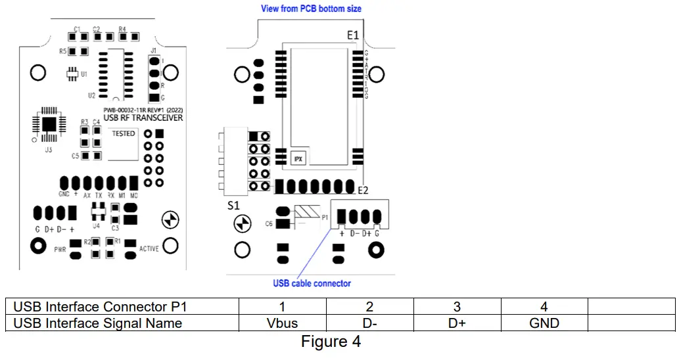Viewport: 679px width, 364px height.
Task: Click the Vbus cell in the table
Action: point(282,323)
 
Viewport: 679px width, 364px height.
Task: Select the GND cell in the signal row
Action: point(544,323)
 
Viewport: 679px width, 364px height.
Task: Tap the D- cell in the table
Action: point(369,323)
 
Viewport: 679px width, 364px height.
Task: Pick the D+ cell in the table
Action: point(457,323)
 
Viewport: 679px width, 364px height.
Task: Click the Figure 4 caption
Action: point(331,342)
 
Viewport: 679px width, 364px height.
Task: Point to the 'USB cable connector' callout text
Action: point(312,283)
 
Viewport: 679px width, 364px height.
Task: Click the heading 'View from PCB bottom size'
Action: point(311,9)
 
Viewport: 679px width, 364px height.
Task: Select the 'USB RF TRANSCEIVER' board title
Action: point(143,118)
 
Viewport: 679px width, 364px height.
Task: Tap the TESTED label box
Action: point(124,133)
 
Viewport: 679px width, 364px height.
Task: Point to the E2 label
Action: point(363,191)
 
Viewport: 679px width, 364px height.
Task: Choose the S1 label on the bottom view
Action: point(233,206)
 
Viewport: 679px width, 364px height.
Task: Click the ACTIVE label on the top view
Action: point(149,249)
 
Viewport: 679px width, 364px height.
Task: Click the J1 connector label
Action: point(153,51)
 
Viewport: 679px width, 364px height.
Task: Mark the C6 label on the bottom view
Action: point(269,223)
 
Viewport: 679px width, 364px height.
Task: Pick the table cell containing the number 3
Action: point(457,307)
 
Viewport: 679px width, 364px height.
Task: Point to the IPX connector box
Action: point(298,158)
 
